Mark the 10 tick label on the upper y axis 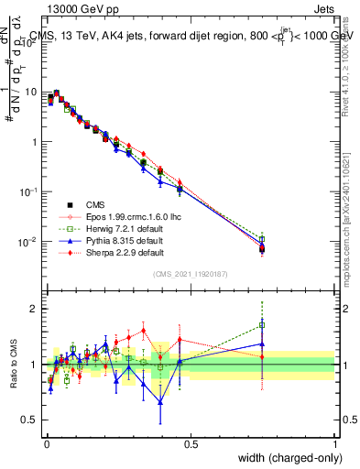32,93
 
